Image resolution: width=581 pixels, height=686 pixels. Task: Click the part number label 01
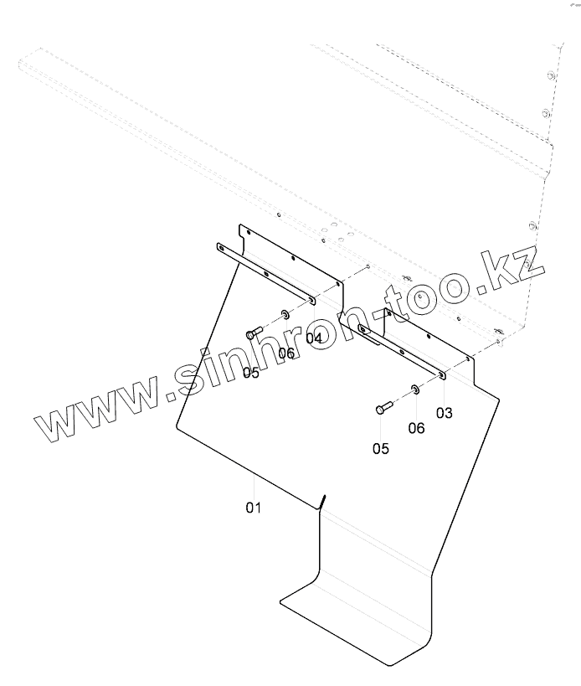pos(254,508)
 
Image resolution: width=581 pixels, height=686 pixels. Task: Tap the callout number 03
pos(444,412)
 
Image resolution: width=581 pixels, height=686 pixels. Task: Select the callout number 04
pos(314,338)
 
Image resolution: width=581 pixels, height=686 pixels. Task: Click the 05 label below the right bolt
pos(381,448)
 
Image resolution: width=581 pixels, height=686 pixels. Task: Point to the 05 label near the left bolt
pos(251,373)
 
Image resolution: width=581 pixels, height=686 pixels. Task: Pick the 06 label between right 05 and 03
pos(416,428)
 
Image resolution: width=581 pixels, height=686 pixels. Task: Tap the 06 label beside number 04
pos(286,353)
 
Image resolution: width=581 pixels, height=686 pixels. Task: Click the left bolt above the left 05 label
pos(255,333)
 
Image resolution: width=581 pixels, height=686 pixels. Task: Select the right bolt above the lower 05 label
pos(383,408)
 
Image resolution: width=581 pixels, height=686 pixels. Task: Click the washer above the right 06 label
pos(415,389)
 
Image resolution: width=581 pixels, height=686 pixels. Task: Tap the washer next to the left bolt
pos(285,315)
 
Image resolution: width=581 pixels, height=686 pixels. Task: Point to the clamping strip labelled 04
pos(264,271)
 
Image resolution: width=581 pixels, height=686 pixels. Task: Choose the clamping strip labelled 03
pos(402,349)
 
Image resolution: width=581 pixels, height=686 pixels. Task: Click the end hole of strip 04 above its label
pos(311,299)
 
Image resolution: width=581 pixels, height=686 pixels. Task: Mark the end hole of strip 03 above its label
pos(442,375)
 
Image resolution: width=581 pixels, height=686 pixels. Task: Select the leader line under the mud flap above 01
pos(254,486)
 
